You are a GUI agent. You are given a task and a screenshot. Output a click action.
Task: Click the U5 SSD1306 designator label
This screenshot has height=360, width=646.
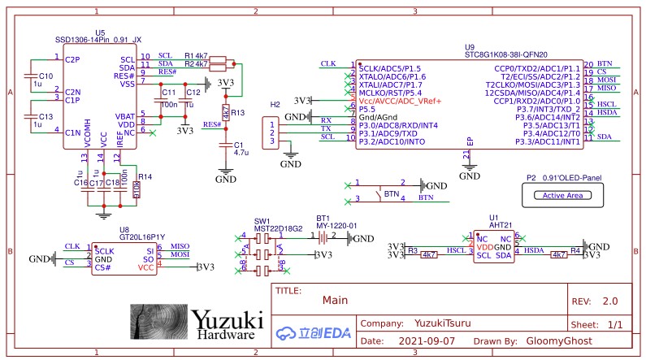click(100, 32)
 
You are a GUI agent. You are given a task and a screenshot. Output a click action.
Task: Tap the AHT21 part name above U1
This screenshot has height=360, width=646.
click(500, 225)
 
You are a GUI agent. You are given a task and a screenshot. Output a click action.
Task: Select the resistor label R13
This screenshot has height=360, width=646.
click(237, 113)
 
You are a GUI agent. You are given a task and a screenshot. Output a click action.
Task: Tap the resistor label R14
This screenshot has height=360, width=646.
click(145, 176)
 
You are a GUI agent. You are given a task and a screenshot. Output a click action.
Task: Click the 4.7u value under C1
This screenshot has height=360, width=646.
click(241, 152)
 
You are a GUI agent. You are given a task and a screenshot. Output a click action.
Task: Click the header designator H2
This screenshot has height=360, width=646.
click(275, 105)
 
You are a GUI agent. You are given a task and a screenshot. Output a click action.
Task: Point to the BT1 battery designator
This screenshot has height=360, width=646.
click(323, 219)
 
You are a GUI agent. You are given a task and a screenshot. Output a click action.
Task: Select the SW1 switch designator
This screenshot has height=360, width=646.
click(262, 219)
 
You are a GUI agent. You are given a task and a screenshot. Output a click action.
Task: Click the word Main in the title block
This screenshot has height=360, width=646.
click(335, 300)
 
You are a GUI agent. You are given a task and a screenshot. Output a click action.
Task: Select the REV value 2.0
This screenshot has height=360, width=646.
click(610, 301)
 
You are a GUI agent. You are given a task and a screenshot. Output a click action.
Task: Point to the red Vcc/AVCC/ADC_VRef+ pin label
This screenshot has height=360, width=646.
click(401, 101)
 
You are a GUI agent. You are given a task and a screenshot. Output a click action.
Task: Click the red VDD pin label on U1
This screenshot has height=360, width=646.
click(485, 246)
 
